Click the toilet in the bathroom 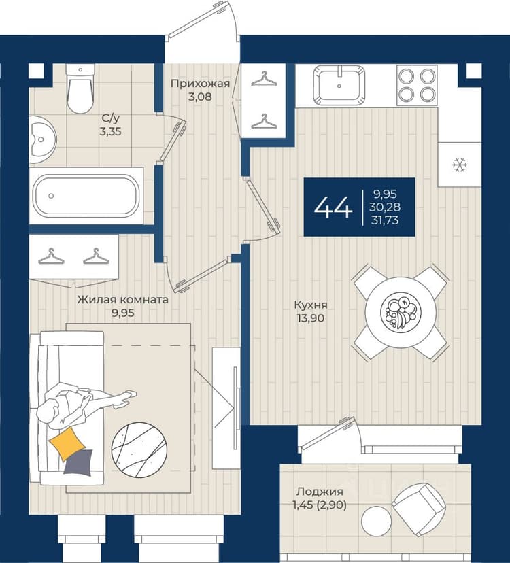tap(80, 88)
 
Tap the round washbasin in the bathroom tap(42, 139)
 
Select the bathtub tap(86, 196)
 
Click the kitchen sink tap(339, 85)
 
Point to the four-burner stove tap(417, 85)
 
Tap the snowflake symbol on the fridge tap(460, 165)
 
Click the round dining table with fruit tap(400, 311)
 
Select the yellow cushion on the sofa tap(67, 443)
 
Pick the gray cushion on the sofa tap(79, 462)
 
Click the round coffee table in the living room tap(139, 450)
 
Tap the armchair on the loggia tap(419, 505)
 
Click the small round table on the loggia tap(377, 522)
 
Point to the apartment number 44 tap(333, 207)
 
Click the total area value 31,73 tap(386, 220)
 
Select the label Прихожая tap(200, 84)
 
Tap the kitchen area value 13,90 tap(311, 318)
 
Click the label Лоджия tap(320, 491)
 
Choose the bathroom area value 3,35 tap(111, 131)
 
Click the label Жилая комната tap(123, 299)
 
